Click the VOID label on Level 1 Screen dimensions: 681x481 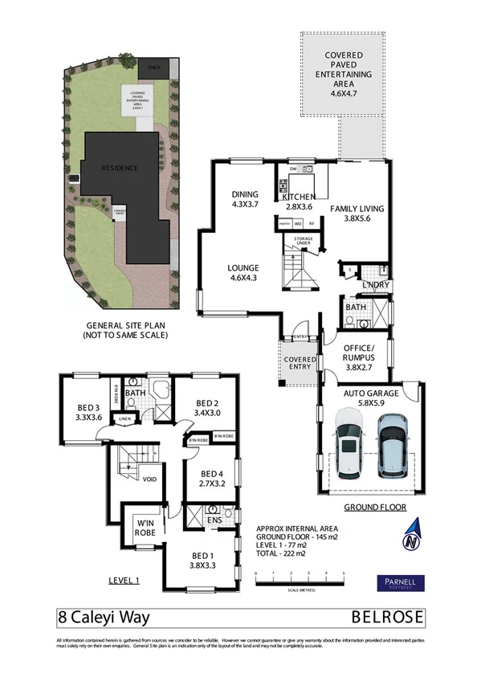click(149, 480)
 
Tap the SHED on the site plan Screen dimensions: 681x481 click(153, 69)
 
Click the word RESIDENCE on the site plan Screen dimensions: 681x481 click(119, 168)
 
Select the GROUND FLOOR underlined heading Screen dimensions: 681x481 click(374, 508)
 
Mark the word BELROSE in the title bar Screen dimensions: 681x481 click(388, 619)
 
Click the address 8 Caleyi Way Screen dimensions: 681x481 click(103, 619)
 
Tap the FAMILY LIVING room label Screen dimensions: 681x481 click(357, 213)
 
